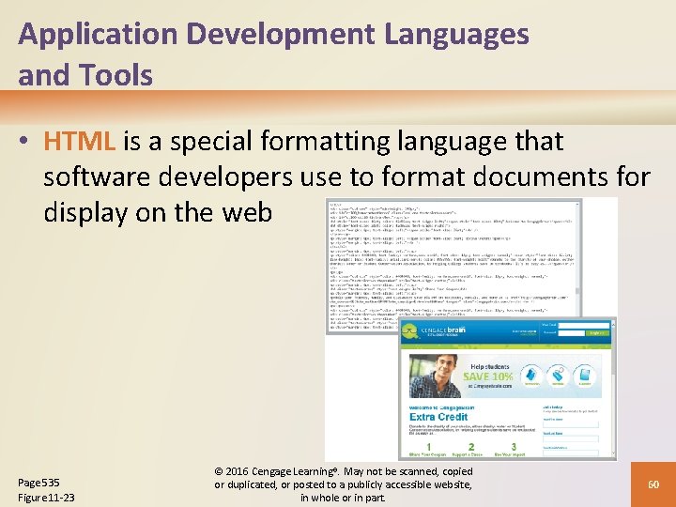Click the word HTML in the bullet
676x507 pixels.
[x=80, y=142]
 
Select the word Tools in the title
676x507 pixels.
[x=118, y=75]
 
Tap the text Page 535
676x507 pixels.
[x=38, y=482]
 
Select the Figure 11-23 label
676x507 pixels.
[x=47, y=497]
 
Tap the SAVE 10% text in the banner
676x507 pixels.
[x=488, y=376]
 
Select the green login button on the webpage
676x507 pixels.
[x=596, y=331]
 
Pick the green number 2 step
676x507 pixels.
[x=471, y=448]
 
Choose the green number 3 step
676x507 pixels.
[x=514, y=447]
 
